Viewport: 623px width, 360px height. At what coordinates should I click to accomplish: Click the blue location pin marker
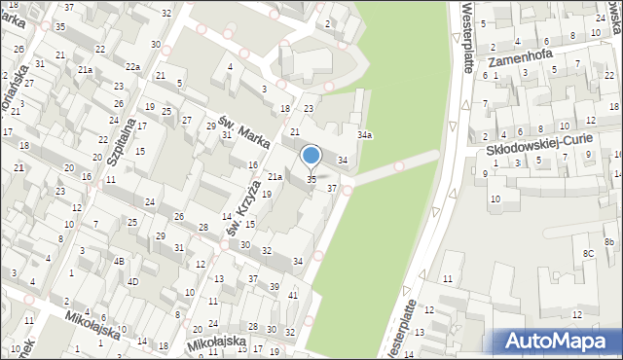coord(311,156)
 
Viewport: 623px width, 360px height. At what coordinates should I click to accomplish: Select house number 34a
coord(364,135)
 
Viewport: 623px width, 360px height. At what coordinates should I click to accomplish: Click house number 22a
coord(132,66)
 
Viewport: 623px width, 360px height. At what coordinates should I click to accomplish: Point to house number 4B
coord(118,262)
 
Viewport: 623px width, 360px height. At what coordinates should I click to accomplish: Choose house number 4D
coord(132,282)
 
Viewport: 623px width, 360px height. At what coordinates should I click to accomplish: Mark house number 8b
coord(609,240)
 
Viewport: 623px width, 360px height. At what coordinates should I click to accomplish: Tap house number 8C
coord(588,253)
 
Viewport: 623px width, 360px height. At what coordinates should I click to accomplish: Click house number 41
coord(293,294)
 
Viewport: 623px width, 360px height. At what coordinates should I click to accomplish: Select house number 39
coord(275,286)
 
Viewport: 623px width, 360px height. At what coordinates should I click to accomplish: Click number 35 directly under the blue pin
coord(311,179)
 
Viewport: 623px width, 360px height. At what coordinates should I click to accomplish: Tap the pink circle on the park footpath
coord(399,165)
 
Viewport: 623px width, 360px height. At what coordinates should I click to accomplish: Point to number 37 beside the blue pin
coord(332,188)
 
